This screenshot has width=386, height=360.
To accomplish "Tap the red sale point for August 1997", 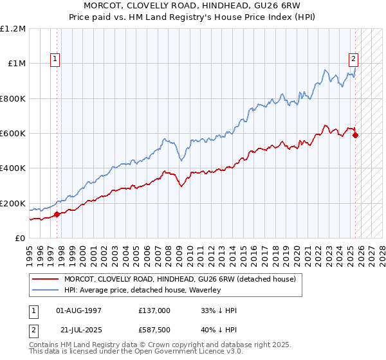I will click(x=57, y=214).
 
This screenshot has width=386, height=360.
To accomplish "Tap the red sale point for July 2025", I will click(x=355, y=135).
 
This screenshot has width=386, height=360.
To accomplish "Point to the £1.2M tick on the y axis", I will click(x=13, y=29).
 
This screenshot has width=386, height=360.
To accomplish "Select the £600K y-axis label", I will click(x=13, y=134).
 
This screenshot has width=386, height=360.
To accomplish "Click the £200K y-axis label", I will click(x=13, y=203).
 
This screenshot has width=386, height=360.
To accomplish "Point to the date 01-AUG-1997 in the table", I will click(x=79, y=310).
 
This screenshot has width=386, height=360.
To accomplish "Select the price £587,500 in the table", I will click(x=154, y=328).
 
